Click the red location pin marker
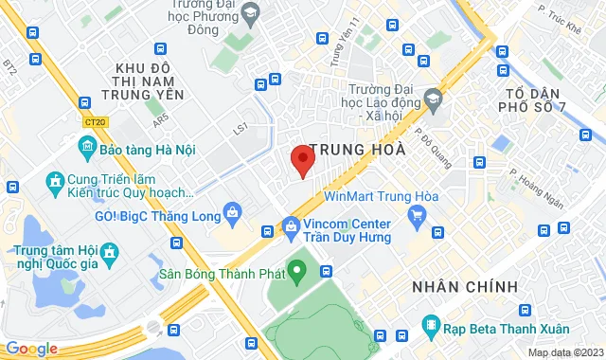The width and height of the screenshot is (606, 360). (x=302, y=160)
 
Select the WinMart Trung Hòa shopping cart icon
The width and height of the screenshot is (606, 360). (x=417, y=216)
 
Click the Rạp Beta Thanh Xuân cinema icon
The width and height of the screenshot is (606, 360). (x=431, y=328)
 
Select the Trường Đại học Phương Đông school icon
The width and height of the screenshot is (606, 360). (x=250, y=12)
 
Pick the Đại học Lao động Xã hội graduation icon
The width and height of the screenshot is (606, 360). (x=433, y=98)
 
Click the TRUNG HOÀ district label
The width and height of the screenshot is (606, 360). (x=358, y=150)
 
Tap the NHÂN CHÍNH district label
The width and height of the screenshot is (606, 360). (x=465, y=286)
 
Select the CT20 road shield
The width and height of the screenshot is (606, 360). (x=95, y=121)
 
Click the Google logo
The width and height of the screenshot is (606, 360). (x=30, y=348)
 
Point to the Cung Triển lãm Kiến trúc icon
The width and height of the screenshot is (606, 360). (x=54, y=180)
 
